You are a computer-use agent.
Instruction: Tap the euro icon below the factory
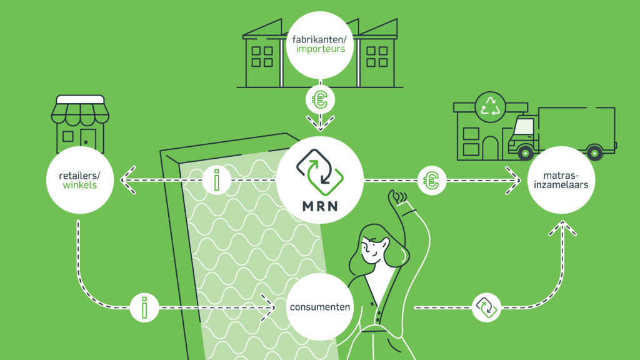click(x=319, y=99)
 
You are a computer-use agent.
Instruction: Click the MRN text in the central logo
click(x=319, y=206)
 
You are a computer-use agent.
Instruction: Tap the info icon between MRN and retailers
click(x=216, y=181)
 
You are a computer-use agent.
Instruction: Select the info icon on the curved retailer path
click(x=145, y=307)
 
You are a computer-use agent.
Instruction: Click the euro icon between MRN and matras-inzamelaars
click(x=431, y=181)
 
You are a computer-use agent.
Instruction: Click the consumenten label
click(x=319, y=307)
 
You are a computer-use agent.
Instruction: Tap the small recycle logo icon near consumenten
click(x=486, y=307)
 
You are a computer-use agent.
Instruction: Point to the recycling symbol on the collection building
click(x=489, y=106)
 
